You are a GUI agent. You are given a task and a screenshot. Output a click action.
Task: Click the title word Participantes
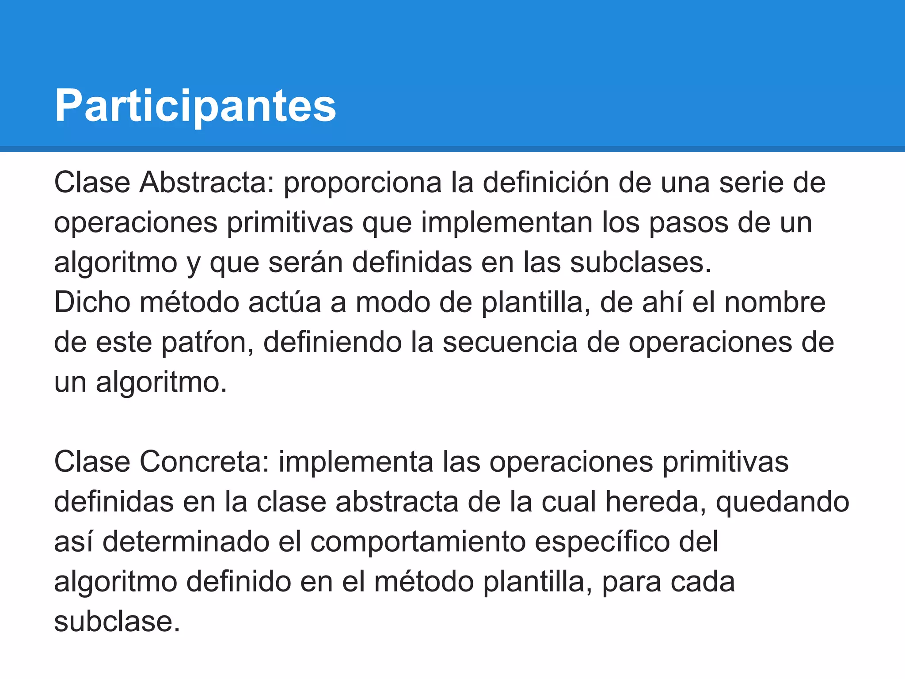point(195,106)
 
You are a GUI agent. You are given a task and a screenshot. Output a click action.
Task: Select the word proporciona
point(362,183)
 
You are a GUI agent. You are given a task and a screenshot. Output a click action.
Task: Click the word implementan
point(506,222)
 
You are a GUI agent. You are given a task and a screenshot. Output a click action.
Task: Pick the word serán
point(305,262)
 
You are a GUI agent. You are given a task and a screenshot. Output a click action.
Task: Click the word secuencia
point(510,343)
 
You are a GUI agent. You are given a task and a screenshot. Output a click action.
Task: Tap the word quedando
point(782,503)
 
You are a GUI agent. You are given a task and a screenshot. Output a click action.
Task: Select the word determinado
point(186,542)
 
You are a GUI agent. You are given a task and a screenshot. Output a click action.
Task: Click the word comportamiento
point(418,542)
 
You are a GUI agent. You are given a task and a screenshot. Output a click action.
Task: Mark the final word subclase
point(117,621)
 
